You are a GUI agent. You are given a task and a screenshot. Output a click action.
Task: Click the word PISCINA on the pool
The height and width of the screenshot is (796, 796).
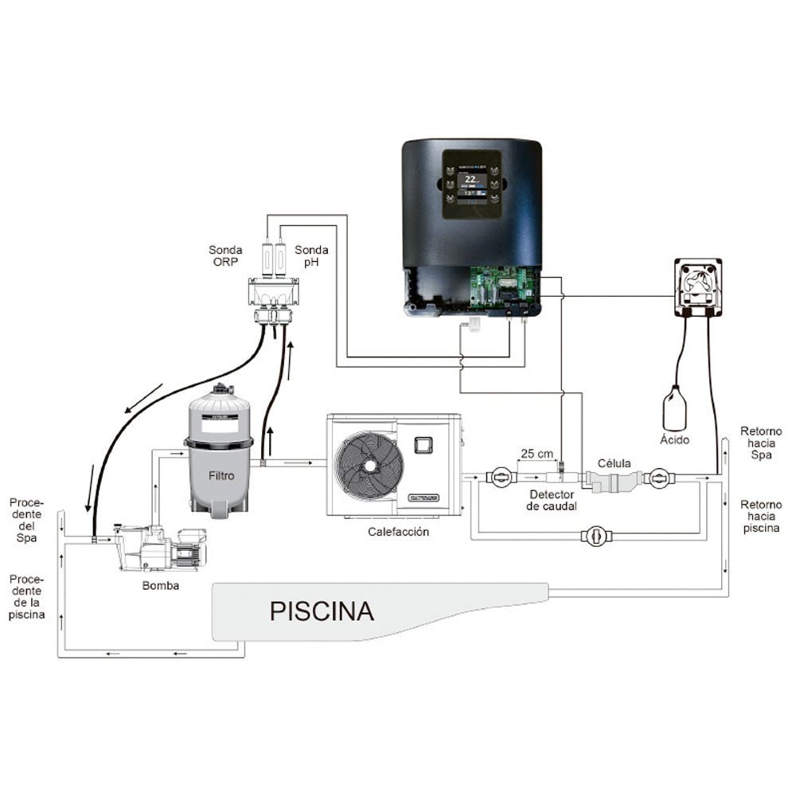click(322, 611)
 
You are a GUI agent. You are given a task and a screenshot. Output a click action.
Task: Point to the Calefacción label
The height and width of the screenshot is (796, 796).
click(398, 532)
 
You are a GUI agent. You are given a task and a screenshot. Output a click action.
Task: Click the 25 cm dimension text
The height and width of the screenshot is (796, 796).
click(537, 455)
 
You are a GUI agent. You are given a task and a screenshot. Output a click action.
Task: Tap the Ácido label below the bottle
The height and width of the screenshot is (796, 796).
click(675, 439)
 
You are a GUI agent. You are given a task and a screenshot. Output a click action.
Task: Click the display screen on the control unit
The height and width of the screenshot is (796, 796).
click(471, 185)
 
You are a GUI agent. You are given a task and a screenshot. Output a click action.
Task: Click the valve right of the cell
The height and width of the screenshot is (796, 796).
click(660, 478)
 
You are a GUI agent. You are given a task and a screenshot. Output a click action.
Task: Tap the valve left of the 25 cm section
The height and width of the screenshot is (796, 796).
click(500, 478)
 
